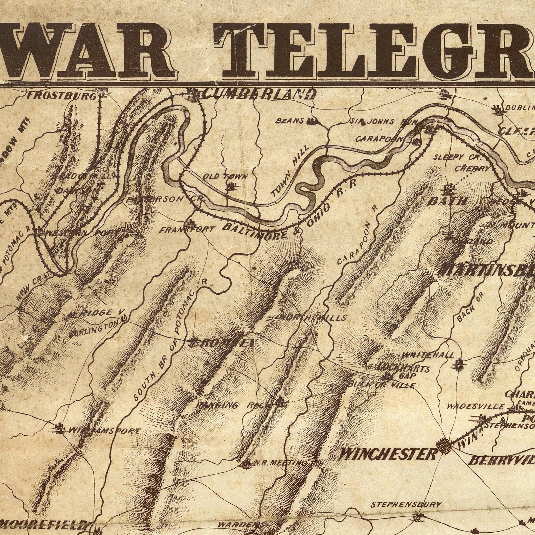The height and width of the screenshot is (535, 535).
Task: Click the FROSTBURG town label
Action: pos(61,96)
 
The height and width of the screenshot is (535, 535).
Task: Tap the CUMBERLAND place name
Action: pos(259,94)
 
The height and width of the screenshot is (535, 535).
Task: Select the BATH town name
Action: pos(447,201)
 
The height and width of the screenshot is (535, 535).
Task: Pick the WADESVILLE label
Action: pos(475,406)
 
